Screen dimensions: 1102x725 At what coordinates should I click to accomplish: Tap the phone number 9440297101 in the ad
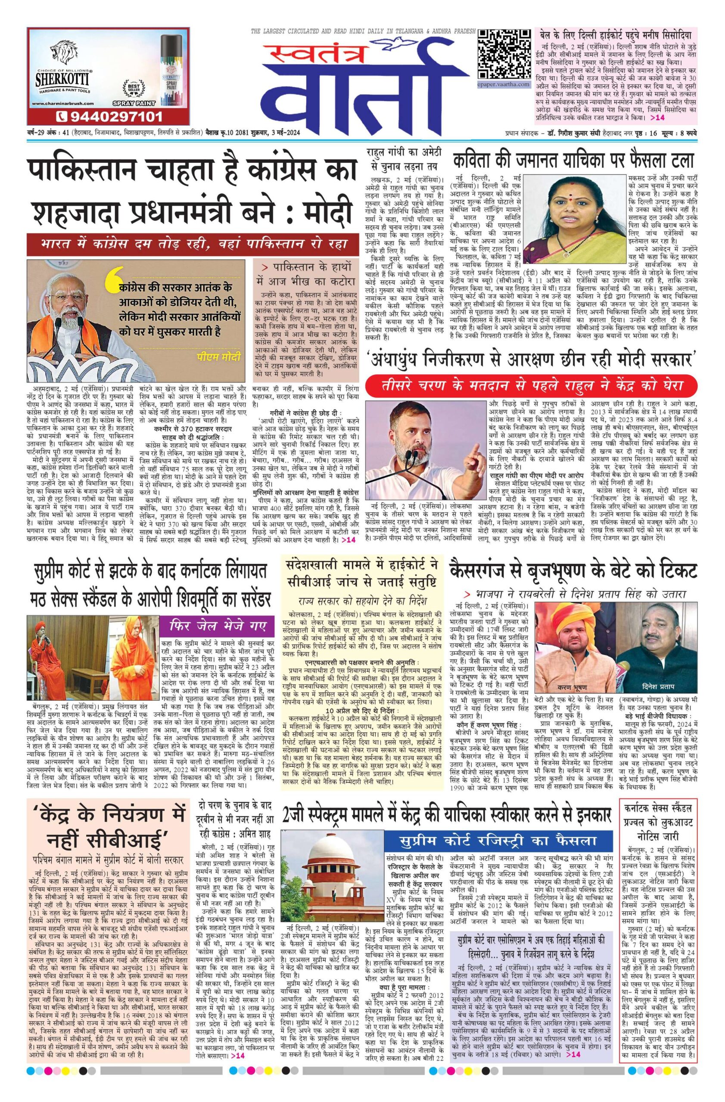click(x=109, y=115)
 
